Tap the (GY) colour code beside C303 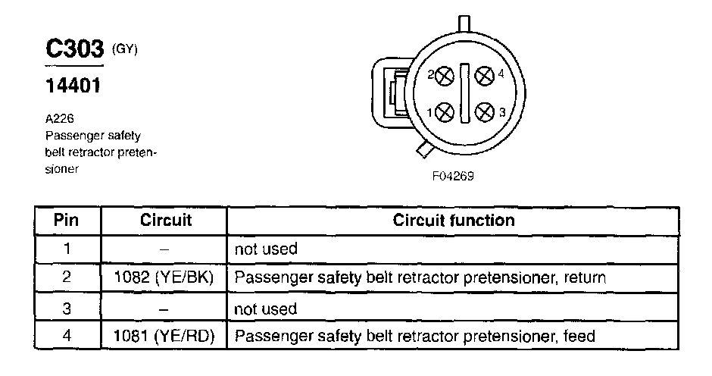click(125, 49)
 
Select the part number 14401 click(73, 84)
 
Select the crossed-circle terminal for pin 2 click(445, 76)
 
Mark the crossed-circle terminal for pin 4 click(484, 76)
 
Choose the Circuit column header click(166, 221)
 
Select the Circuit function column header click(454, 221)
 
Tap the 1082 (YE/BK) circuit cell click(166, 278)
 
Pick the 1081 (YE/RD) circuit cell click(166, 336)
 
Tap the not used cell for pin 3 click(267, 308)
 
